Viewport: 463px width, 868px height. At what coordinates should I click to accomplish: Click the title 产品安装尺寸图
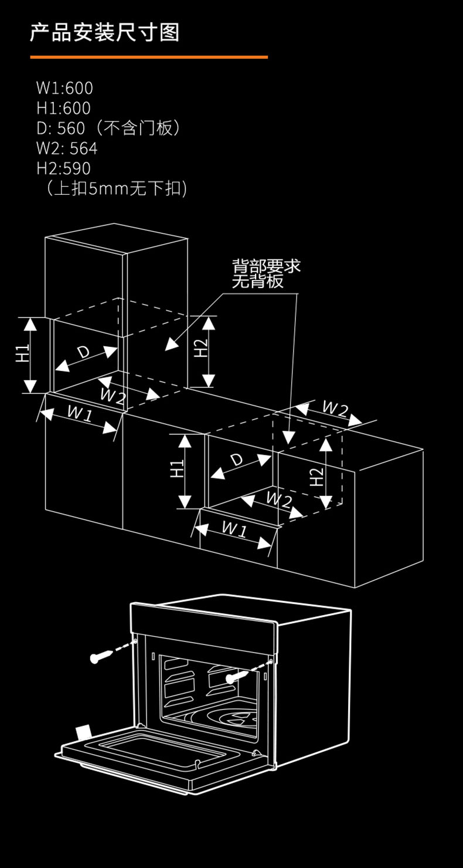pyautogui.click(x=104, y=32)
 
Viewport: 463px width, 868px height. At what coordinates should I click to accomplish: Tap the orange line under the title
pyautogui.click(x=149, y=57)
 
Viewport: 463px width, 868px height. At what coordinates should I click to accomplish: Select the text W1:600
pyautogui.click(x=64, y=88)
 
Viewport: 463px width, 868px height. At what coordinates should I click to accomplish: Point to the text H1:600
pyautogui.click(x=63, y=108)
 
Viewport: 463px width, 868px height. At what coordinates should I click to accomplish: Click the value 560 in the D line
pyautogui.click(x=71, y=128)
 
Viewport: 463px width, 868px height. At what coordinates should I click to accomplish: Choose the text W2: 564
pyautogui.click(x=67, y=148)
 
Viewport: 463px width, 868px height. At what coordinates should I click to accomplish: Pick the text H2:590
pyautogui.click(x=63, y=168)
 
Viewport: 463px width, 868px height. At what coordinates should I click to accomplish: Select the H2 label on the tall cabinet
pyautogui.click(x=201, y=348)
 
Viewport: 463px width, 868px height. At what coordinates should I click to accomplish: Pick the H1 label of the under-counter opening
pyautogui.click(x=178, y=469)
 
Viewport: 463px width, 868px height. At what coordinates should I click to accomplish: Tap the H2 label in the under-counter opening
pyautogui.click(x=316, y=477)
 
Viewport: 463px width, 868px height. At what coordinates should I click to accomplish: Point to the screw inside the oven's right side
pyautogui.click(x=237, y=677)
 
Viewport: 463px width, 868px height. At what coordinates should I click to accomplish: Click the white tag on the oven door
pyautogui.click(x=83, y=732)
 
